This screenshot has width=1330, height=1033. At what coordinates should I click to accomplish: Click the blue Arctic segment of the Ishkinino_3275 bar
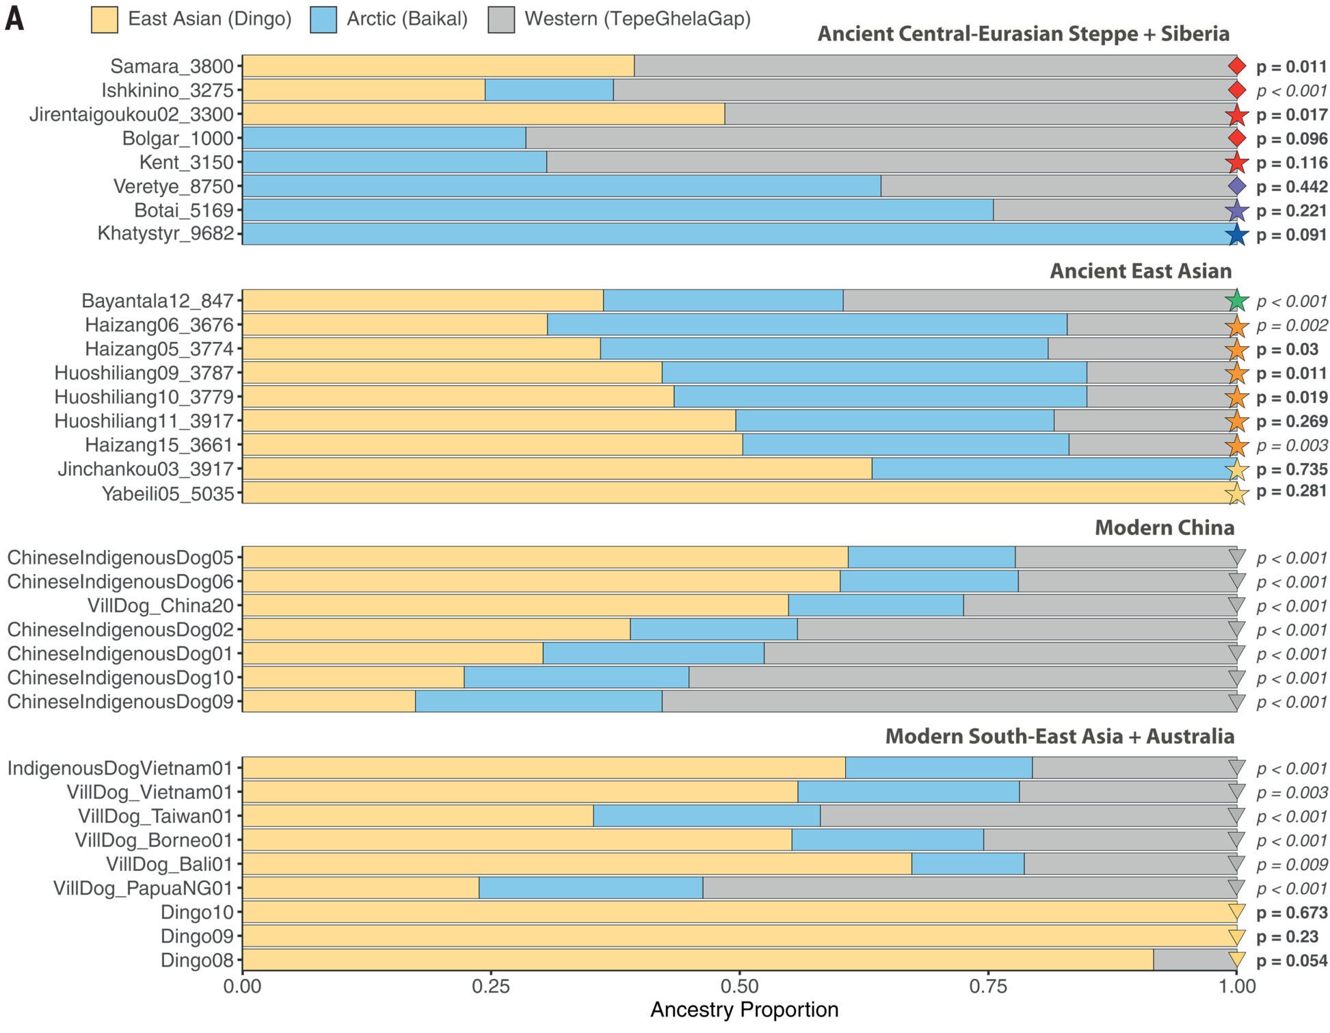coord(548,90)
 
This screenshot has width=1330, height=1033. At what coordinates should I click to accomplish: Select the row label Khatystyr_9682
coord(165,234)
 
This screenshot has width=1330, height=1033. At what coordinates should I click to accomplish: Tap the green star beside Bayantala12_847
coord(1236,301)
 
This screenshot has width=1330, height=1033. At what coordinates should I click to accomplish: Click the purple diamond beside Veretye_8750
coord(1236,186)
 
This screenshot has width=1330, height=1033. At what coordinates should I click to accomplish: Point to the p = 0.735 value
coord(1291,469)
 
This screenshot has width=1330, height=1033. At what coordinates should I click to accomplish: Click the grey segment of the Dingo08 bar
coord(1195,960)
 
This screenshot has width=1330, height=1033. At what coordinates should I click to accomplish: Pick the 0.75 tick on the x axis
coord(988,986)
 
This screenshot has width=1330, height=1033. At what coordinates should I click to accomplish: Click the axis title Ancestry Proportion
coord(744,1010)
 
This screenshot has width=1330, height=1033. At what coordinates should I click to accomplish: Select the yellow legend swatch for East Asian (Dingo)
coord(104,19)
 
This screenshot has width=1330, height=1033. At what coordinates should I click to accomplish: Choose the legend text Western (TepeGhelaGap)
coord(637,19)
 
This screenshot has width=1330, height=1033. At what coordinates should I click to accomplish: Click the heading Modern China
coord(1164,527)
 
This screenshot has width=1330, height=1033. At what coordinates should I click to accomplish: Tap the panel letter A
coord(14,19)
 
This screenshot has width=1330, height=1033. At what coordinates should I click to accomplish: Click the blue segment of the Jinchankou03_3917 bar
coord(1053,469)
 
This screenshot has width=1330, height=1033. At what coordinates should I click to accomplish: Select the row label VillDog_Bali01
coord(169,864)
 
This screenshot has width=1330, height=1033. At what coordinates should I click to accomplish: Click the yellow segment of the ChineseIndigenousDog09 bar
coord(328,701)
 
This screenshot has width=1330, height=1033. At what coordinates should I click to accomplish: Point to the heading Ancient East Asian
coord(1140,271)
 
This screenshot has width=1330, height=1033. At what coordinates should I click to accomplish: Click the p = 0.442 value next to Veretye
coord(1291,187)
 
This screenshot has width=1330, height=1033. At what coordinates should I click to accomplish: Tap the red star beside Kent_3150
coord(1236,163)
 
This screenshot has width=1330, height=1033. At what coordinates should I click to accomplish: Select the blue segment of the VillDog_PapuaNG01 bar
coord(590,888)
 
